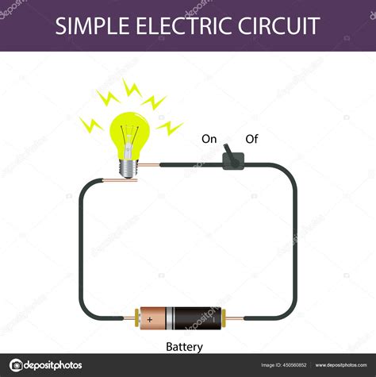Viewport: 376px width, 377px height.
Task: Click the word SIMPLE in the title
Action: [x=92, y=25]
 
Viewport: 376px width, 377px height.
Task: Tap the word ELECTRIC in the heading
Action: [x=184, y=25]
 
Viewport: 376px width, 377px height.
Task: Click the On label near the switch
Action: [x=209, y=139]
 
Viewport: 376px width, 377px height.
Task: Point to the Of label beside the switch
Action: [x=251, y=139]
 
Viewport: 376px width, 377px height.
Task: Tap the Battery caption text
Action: [x=184, y=347]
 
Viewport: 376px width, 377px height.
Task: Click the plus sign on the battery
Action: [x=150, y=319]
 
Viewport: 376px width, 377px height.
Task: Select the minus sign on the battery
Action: [x=214, y=320]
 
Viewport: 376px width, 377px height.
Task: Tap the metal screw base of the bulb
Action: [x=129, y=169]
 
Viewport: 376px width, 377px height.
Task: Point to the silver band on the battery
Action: [x=170, y=318]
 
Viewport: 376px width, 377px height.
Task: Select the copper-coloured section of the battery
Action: [x=153, y=318]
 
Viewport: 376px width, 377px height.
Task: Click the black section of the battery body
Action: [x=198, y=318]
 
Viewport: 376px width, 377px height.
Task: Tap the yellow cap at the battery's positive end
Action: [x=137, y=318]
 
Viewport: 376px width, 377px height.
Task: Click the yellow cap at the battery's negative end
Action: [x=224, y=318]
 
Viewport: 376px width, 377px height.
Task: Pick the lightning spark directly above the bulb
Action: [x=132, y=89]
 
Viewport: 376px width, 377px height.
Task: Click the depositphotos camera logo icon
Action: [x=16, y=365]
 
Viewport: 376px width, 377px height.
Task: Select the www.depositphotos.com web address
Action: [x=341, y=365]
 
